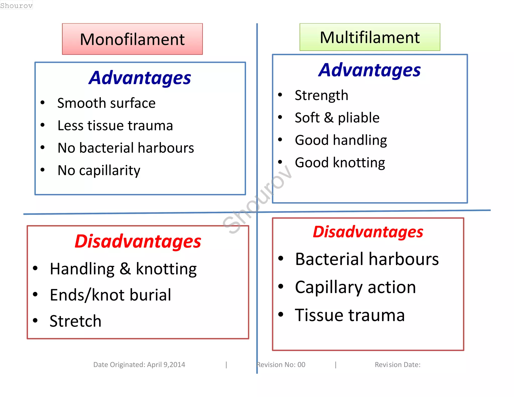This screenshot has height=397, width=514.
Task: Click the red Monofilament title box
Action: coord(132,39)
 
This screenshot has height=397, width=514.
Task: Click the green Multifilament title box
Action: coord(370,37)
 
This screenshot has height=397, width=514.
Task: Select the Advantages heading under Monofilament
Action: coord(140,78)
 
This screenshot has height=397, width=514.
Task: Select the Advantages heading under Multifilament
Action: coord(369,70)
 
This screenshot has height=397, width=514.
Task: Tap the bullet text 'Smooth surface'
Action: coord(106,103)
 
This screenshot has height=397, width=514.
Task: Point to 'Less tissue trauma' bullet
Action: coord(115,125)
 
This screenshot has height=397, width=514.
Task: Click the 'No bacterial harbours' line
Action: coord(126,148)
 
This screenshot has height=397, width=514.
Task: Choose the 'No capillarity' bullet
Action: coord(99,170)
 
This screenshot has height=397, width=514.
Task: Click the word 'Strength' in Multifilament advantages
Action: coord(322,95)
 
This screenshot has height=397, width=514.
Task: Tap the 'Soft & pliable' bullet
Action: coord(337,118)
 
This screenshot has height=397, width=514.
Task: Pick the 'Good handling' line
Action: coord(341,140)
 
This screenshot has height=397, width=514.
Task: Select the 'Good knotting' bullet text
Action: coord(340,163)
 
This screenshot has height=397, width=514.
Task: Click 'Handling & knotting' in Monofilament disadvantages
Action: coord(123,269)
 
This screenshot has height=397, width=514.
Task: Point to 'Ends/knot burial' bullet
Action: coord(110,295)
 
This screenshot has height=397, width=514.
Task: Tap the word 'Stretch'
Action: coord(76,321)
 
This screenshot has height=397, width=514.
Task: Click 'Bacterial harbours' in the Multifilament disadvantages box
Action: coord(367,259)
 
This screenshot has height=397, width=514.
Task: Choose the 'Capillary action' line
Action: coord(355,287)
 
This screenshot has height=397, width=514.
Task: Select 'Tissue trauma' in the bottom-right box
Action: coord(350,315)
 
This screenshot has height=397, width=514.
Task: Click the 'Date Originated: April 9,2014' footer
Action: coord(139,365)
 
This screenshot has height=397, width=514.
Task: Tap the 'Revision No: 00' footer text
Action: coord(281,365)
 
